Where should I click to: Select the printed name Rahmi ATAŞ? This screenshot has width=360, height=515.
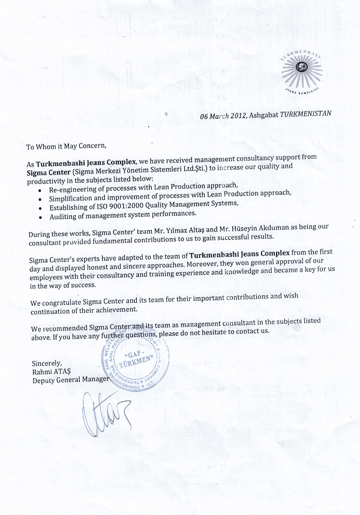click(51, 371)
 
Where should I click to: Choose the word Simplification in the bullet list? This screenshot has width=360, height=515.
click(73, 195)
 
